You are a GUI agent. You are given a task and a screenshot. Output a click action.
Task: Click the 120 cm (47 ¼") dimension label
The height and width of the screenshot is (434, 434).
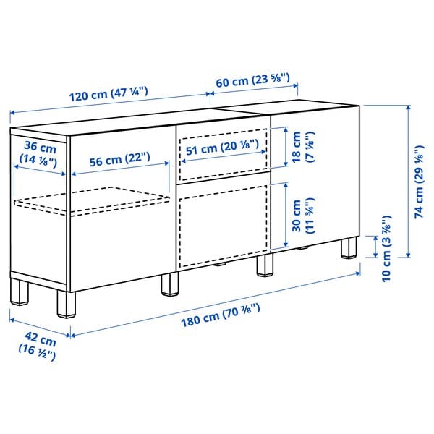tap(110, 93)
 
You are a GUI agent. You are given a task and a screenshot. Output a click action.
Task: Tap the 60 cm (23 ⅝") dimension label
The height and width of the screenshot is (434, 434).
tap(253, 80)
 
